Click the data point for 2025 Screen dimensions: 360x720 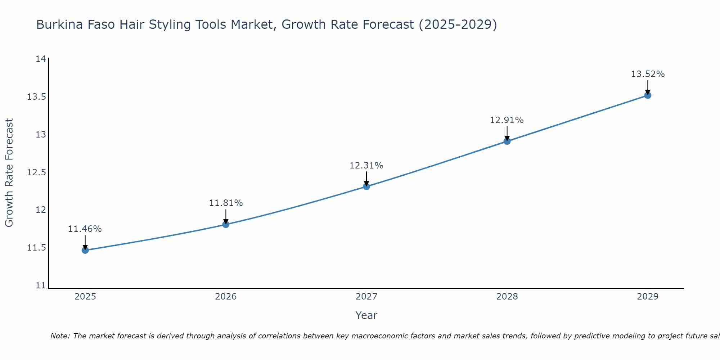[x=85, y=250]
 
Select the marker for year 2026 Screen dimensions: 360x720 [x=226, y=224]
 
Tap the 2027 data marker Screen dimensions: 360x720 [x=366, y=186]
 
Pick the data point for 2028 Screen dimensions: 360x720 [x=507, y=141]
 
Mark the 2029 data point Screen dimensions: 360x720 [x=648, y=95]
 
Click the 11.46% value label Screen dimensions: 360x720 [x=85, y=229]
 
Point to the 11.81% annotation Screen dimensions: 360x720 [x=226, y=203]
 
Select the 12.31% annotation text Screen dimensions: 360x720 [x=366, y=166]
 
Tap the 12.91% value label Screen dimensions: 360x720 [x=507, y=120]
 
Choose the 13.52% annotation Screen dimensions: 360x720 [x=648, y=74]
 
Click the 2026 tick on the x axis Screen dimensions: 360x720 [x=226, y=297]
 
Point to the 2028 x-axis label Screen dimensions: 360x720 [x=507, y=297]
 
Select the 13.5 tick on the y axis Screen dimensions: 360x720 [x=36, y=97]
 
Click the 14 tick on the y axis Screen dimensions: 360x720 [x=41, y=59]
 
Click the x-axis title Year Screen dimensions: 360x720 [x=366, y=315]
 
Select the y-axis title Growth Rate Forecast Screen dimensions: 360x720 [x=9, y=172]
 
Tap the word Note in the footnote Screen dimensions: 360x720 [x=59, y=336]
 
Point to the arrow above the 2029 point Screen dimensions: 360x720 [x=648, y=87]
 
